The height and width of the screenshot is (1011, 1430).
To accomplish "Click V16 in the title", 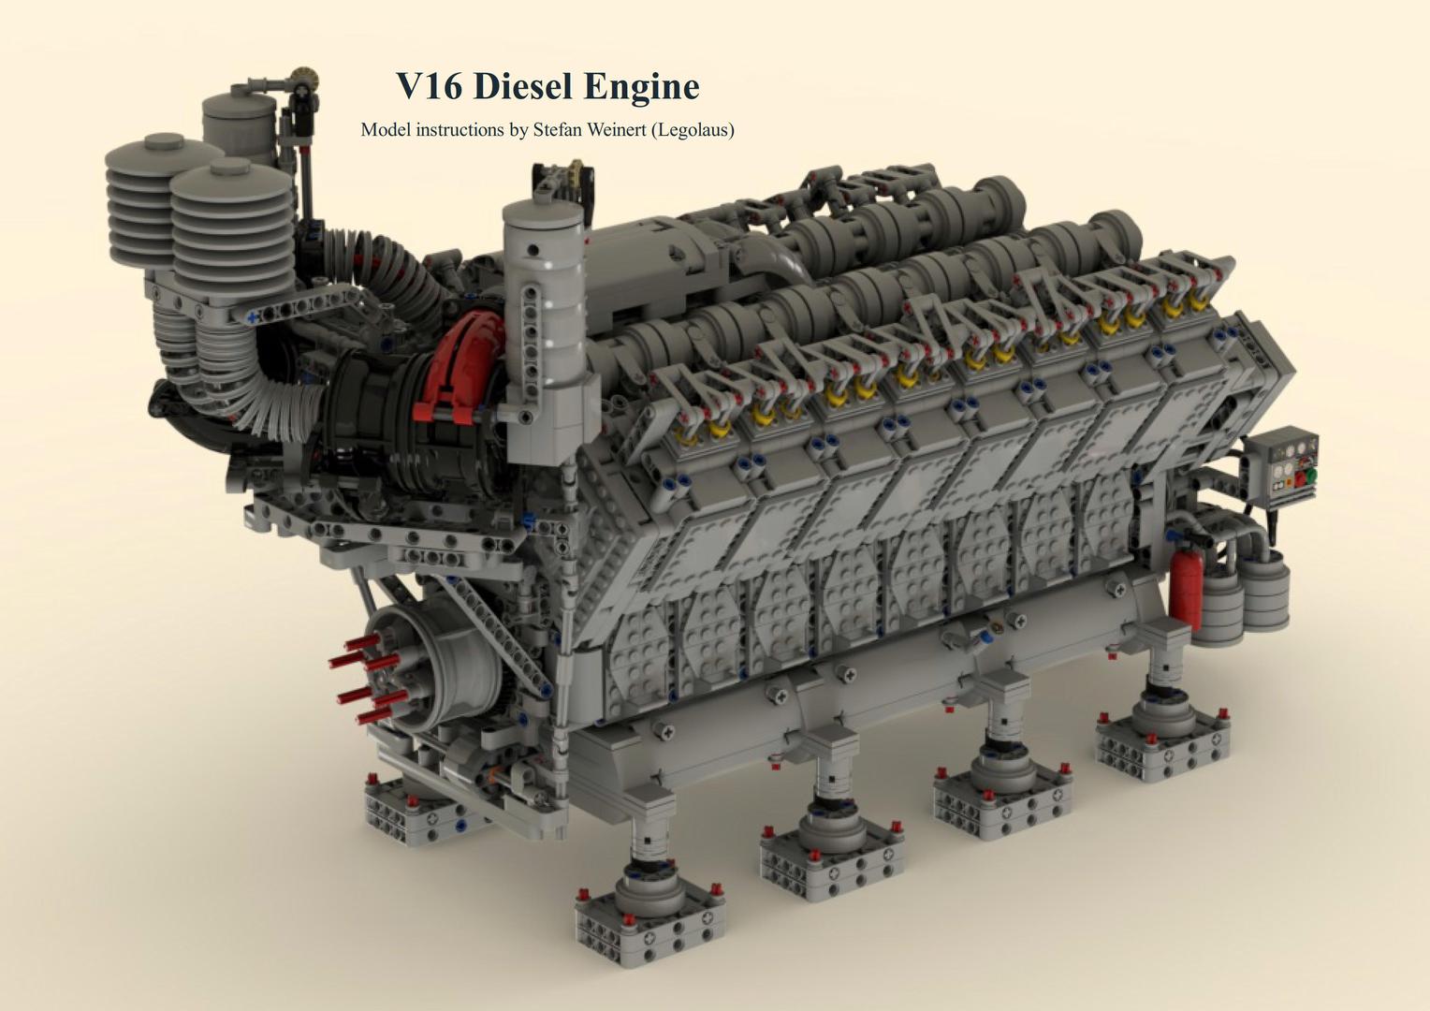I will pyautogui.click(x=429, y=86).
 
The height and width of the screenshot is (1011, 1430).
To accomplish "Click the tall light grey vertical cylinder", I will pyautogui.click(x=542, y=309).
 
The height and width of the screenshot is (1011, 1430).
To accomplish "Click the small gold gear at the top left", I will pyautogui.click(x=300, y=76).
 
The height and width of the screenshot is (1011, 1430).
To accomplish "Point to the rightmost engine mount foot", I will pyautogui.click(x=1163, y=735).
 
